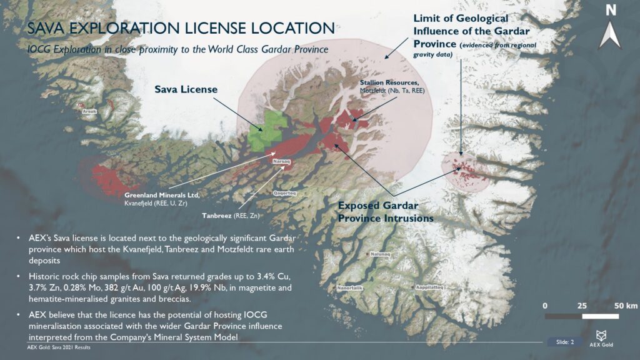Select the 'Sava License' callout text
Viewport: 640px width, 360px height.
point(186,90)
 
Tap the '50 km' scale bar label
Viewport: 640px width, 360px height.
point(626,306)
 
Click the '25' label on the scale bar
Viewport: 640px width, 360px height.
point(582,306)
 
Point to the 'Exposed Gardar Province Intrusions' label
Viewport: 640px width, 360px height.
point(385,212)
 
